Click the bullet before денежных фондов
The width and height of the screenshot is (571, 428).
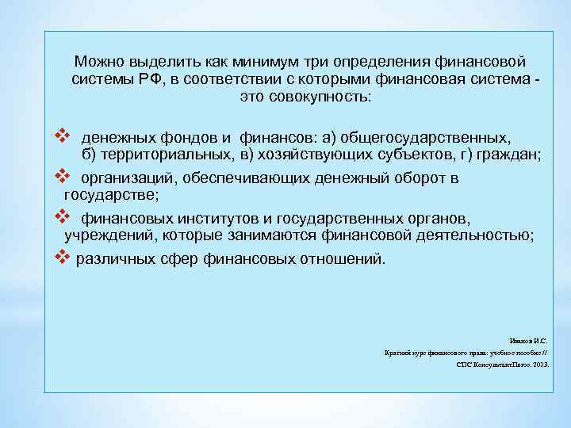pyautogui.click(x=56, y=135)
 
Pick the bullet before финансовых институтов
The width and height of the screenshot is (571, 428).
pyautogui.click(x=56, y=215)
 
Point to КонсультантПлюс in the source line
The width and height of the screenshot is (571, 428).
pyautogui.click(x=492, y=365)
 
